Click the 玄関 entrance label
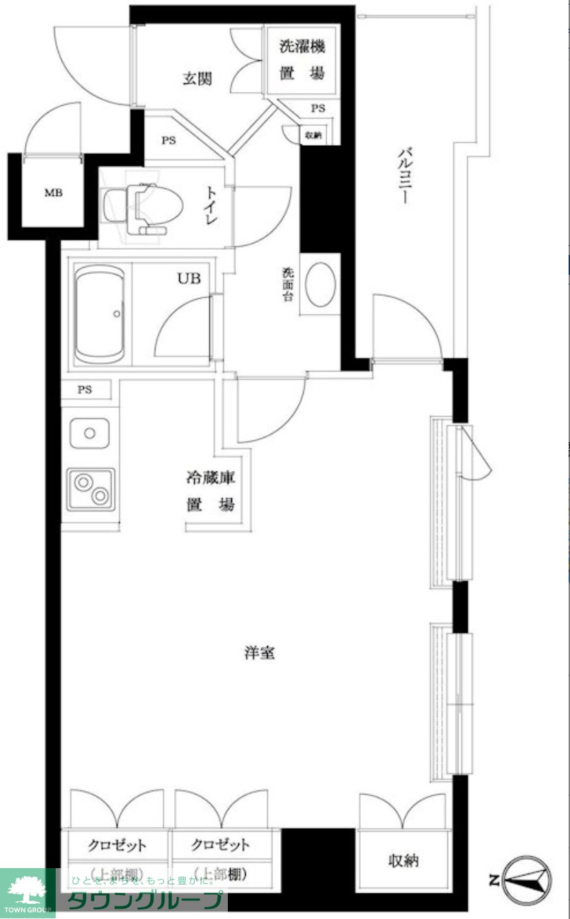(196, 79)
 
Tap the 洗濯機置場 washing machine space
(301, 61)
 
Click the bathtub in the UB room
(99, 314)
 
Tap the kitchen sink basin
(89, 433)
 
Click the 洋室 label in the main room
(259, 653)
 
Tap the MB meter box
(53, 193)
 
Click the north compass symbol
(526, 880)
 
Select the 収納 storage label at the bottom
(403, 860)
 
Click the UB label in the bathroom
(189, 278)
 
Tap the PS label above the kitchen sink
(85, 390)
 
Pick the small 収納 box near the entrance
(313, 136)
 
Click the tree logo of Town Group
(26, 889)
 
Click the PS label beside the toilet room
(169, 140)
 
